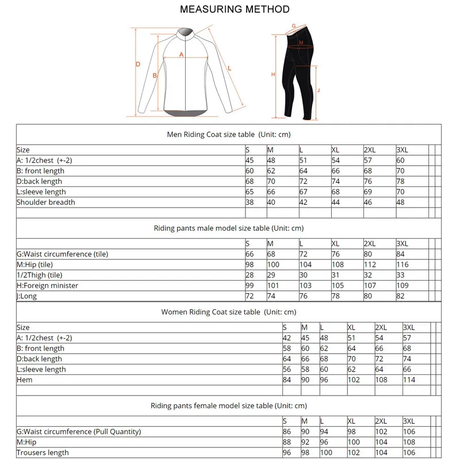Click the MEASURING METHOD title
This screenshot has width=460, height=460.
[x=234, y=9]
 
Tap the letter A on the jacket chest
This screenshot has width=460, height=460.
[x=181, y=55]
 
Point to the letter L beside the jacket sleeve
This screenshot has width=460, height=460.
[x=229, y=68]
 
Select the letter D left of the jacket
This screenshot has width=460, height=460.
[x=138, y=64]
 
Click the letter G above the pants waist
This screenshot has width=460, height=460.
[x=293, y=26]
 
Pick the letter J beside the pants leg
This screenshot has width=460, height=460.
[x=319, y=90]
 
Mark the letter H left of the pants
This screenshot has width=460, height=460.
[x=273, y=74]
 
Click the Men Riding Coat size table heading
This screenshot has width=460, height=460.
[x=228, y=135]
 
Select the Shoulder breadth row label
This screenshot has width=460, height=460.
[x=46, y=202]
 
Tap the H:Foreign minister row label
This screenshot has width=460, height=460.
[x=47, y=286]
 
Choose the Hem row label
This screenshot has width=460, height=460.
[x=25, y=380]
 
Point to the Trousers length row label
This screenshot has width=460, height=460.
[x=43, y=453]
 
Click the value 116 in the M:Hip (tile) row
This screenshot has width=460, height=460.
[x=402, y=265]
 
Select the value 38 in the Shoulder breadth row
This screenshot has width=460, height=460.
[x=250, y=202]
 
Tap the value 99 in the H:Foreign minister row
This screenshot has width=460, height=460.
[x=250, y=286]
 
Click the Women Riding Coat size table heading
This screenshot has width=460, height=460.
[x=228, y=312]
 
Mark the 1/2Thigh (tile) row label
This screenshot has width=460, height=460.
[x=39, y=275]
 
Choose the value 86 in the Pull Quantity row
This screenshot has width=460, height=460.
[x=287, y=432]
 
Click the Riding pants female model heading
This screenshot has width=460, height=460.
[x=228, y=406]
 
